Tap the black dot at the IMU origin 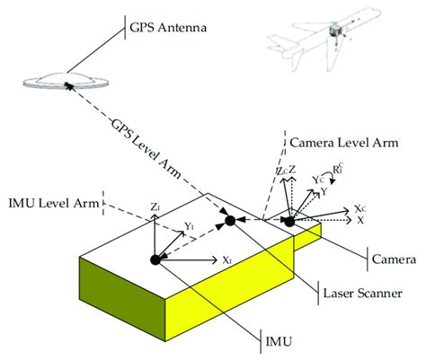(155, 260)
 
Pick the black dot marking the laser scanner (230, 221)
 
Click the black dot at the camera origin (289, 221)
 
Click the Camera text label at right (395, 260)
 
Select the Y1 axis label (188, 226)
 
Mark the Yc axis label (316, 180)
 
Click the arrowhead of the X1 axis (213, 261)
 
